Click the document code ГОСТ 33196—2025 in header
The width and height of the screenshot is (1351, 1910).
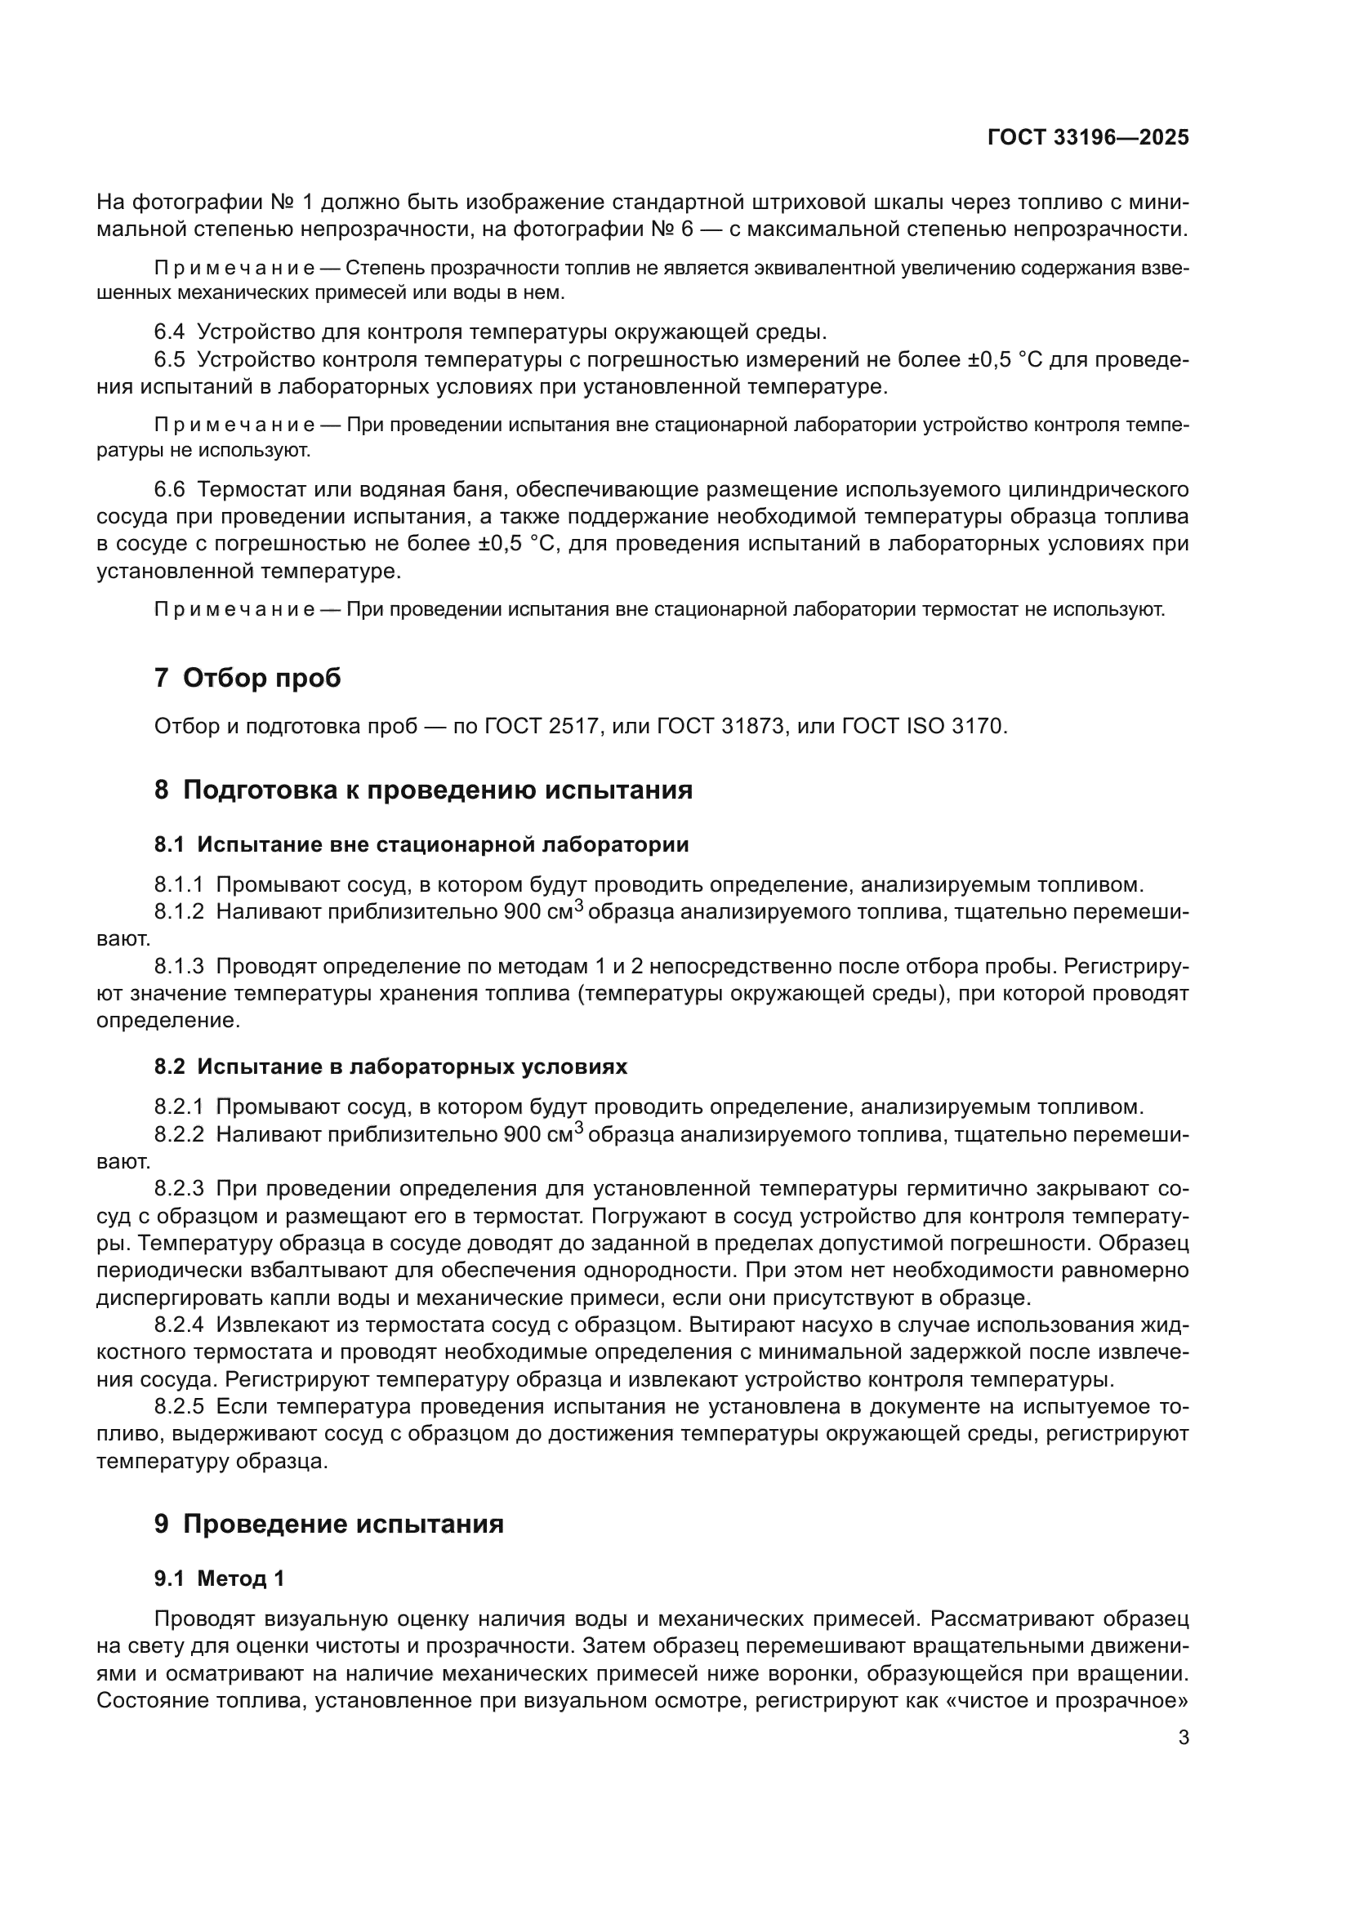pyautogui.click(x=1088, y=138)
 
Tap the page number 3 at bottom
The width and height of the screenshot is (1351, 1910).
pyautogui.click(x=1183, y=1738)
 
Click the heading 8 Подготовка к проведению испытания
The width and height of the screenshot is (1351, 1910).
pyautogui.click(x=422, y=790)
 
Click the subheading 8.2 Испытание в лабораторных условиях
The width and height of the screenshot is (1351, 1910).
pyautogui.click(x=390, y=1066)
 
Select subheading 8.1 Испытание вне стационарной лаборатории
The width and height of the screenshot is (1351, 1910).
pyautogui.click(x=421, y=844)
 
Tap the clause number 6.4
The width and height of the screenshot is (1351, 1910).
pyautogui.click(x=169, y=332)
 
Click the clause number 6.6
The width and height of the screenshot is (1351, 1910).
pyautogui.click(x=169, y=489)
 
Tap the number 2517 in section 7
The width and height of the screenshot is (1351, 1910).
pyautogui.click(x=573, y=726)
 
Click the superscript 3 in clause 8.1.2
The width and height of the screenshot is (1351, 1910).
pyautogui.click(x=580, y=906)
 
